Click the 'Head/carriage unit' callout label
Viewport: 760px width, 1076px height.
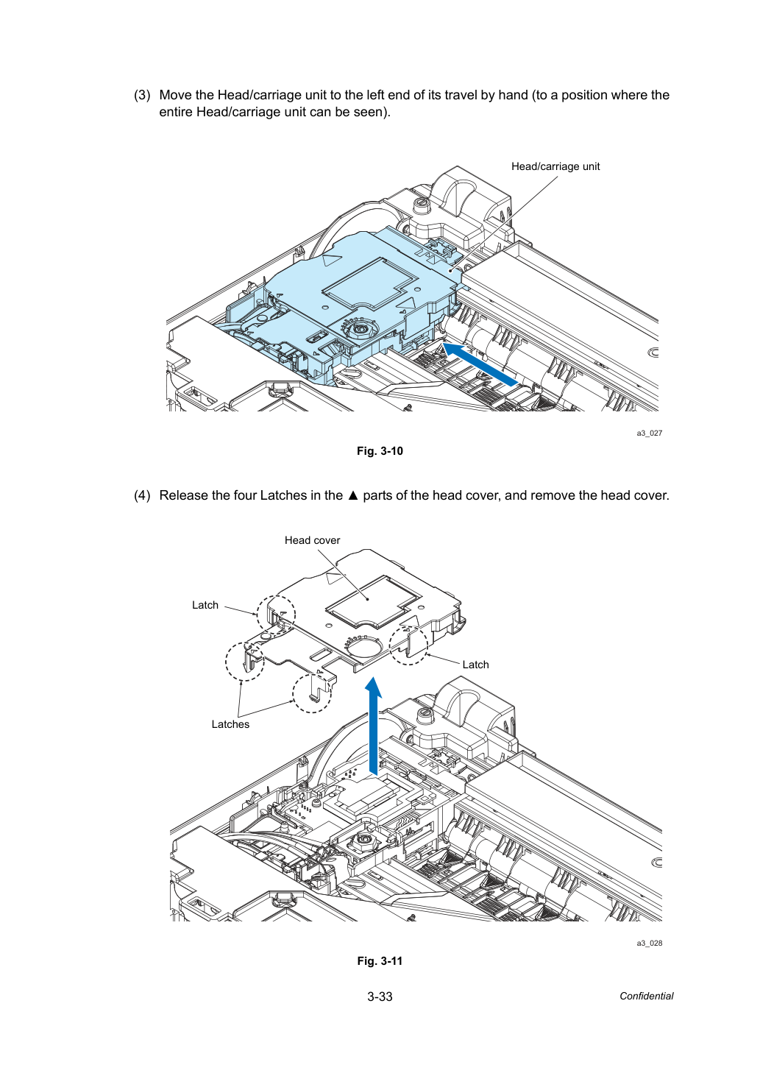pyautogui.click(x=555, y=166)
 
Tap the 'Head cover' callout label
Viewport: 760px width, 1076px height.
pyautogui.click(x=312, y=540)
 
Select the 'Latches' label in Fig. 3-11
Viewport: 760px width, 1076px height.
pyautogui.click(x=230, y=724)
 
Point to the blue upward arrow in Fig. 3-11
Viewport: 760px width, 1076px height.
pyautogui.click(x=373, y=726)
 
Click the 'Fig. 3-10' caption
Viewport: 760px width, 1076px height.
pyautogui.click(x=380, y=451)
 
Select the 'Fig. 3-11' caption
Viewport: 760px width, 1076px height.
pyautogui.click(x=380, y=961)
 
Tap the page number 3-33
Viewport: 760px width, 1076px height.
pyautogui.click(x=380, y=997)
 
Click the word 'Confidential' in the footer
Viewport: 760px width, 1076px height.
pyautogui.click(x=646, y=997)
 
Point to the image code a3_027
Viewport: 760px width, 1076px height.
pyautogui.click(x=650, y=433)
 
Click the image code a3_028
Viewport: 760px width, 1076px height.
pyautogui.click(x=650, y=944)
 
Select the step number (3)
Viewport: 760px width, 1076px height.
pyautogui.click(x=142, y=95)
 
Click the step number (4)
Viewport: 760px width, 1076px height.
pyautogui.click(x=142, y=495)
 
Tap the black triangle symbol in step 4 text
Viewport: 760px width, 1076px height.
pyautogui.click(x=353, y=495)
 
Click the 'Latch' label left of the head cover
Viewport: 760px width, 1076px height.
pyautogui.click(x=205, y=605)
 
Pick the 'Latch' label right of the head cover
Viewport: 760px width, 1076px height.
pyautogui.click(x=476, y=665)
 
